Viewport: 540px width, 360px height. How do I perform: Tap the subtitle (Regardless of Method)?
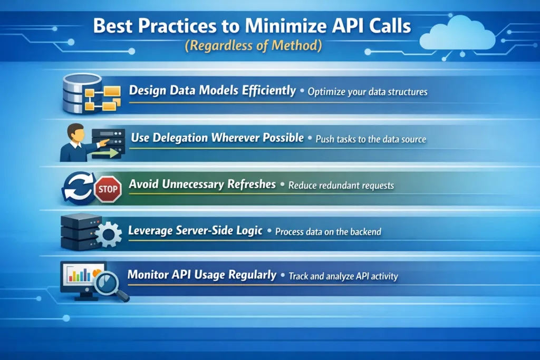click(253, 45)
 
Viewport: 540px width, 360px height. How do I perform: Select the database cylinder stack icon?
click(82, 93)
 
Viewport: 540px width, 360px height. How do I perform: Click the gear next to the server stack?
click(108, 235)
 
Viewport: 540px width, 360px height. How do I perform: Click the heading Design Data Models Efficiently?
click(213, 91)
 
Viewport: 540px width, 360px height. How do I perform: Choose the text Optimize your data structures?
click(367, 92)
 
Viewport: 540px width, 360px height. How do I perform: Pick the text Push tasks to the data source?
click(370, 140)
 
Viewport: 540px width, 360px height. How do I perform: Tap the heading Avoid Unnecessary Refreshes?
click(202, 184)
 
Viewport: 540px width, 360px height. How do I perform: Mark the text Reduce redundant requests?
click(341, 186)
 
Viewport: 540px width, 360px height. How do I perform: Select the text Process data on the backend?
click(328, 232)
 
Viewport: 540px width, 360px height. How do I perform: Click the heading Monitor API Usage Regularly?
click(202, 275)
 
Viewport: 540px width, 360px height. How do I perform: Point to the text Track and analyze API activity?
click(343, 276)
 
